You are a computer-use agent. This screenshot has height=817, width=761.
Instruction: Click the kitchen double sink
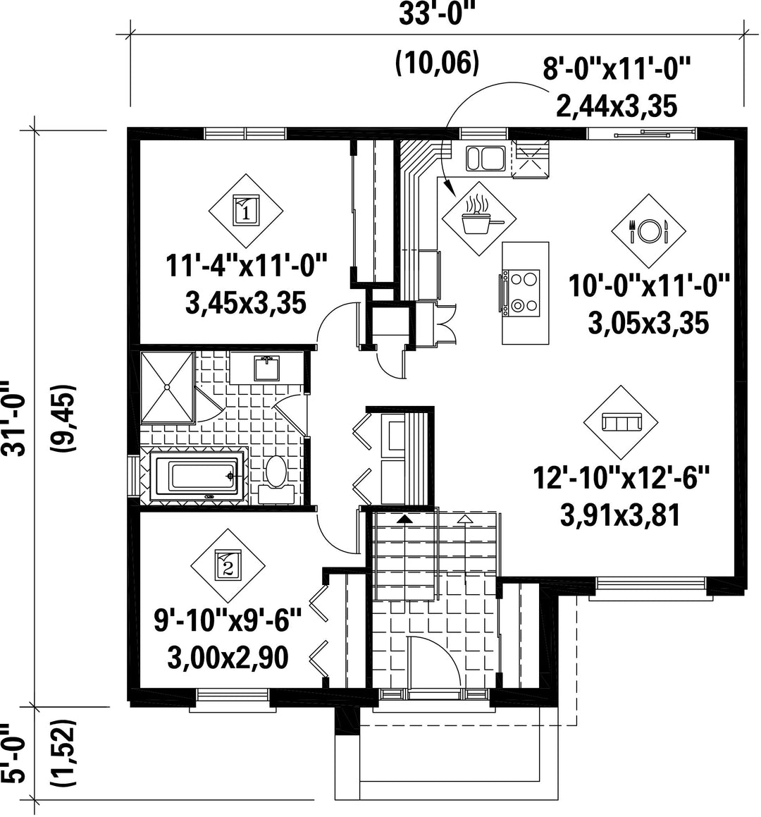tap(485, 159)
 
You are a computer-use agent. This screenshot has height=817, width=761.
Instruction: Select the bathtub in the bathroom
tap(197, 477)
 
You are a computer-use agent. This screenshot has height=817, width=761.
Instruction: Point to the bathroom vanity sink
tap(267, 368)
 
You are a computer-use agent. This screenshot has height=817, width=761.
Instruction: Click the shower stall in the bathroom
tap(168, 387)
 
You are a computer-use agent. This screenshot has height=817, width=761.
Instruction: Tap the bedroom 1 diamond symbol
tap(246, 211)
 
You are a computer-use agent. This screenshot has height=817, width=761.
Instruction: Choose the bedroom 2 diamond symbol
tap(228, 565)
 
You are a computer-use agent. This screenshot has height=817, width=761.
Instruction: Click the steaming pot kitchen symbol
tap(478, 219)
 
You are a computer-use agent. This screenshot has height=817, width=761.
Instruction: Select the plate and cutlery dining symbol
tap(648, 231)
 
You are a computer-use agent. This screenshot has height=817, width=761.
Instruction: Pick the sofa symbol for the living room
tap(620, 422)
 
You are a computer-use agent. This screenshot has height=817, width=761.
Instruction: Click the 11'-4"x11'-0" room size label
tap(246, 266)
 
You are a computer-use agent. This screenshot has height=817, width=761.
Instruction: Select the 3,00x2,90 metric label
tap(228, 658)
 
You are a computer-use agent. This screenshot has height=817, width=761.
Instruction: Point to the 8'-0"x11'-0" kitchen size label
tap(617, 69)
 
